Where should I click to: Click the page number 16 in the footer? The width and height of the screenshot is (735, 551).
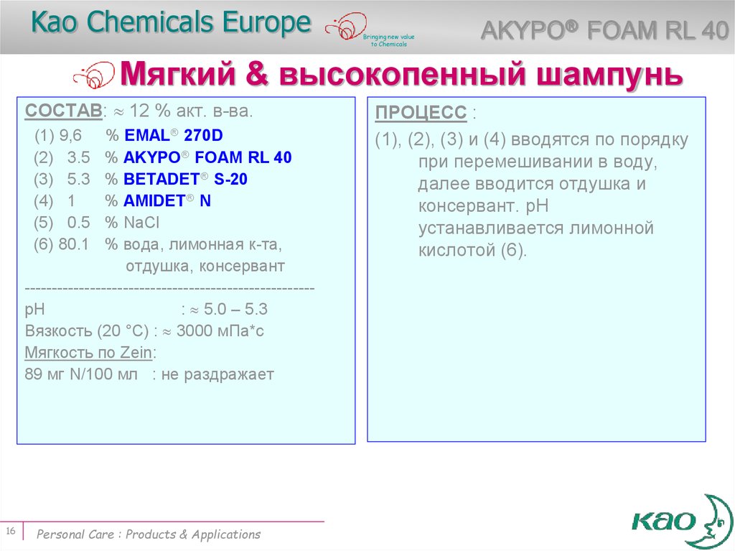[x=11, y=531]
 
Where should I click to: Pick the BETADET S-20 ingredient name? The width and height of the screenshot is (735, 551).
[x=185, y=179]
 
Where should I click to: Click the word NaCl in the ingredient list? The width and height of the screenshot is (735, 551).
[x=141, y=223]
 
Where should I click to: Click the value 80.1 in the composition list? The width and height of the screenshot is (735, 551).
[x=73, y=244]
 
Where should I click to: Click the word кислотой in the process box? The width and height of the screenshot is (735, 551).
[x=456, y=251]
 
